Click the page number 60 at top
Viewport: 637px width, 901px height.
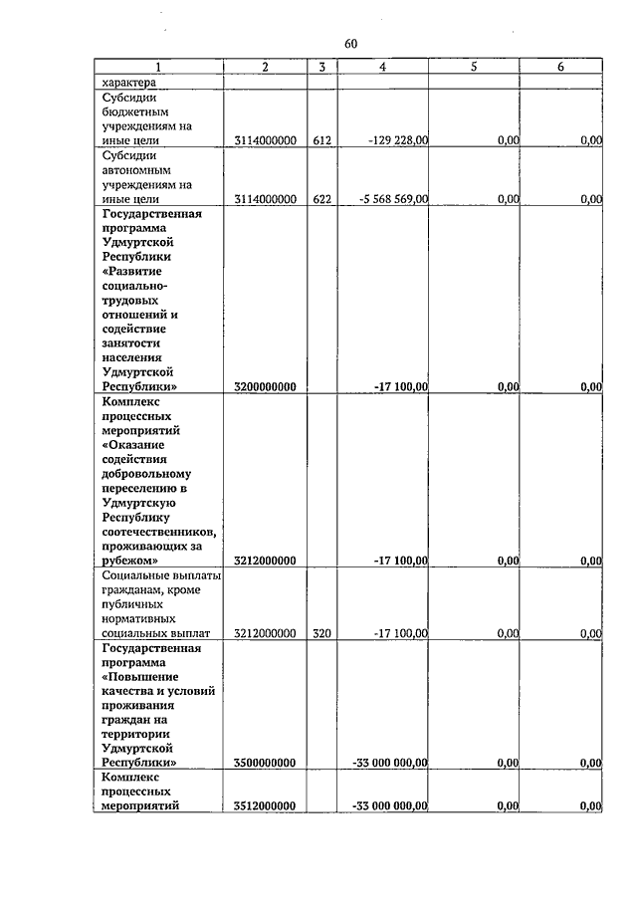350,44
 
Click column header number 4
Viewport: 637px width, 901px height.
383,67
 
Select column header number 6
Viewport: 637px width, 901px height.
560,67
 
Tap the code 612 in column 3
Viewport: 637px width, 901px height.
321,141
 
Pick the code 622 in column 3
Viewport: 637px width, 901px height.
321,199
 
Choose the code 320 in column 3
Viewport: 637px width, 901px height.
321,632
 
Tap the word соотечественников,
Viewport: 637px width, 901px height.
159,531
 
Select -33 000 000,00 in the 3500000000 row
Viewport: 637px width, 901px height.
390,763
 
